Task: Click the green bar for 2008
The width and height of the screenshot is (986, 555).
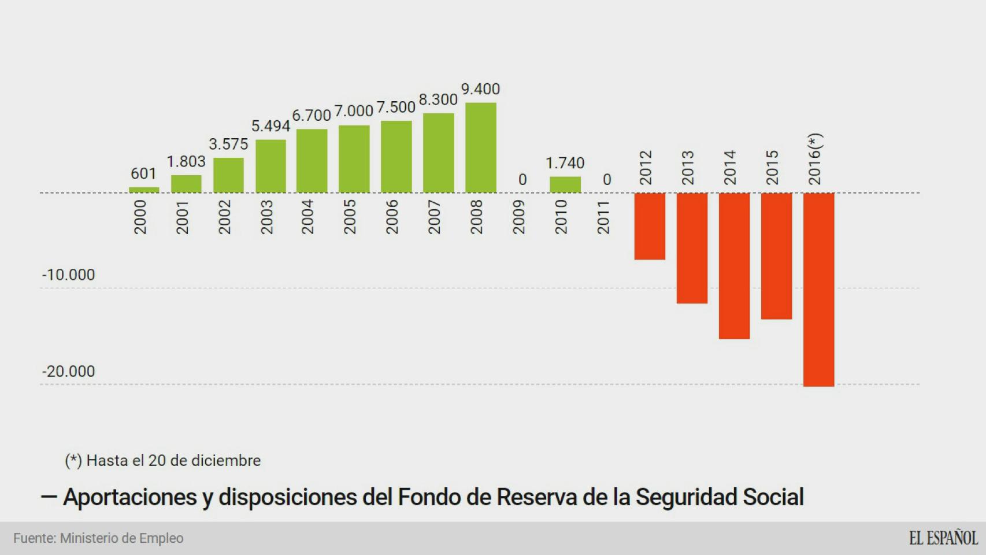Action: [480, 148]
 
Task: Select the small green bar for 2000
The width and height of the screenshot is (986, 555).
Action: [143, 190]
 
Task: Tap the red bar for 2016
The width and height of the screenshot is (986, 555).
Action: [818, 289]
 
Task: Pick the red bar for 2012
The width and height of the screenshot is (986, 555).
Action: [650, 226]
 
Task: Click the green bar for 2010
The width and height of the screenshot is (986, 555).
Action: [565, 184]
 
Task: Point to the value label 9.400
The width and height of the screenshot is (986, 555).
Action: [480, 89]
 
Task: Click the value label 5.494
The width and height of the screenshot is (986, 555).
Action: [270, 126]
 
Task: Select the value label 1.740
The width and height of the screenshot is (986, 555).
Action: [565, 163]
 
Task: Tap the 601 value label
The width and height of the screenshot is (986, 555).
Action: [143, 173]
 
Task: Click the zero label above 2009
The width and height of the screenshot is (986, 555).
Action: [522, 180]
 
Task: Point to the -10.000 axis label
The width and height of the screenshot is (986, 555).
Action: [68, 275]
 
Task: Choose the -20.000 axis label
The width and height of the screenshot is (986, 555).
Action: [68, 371]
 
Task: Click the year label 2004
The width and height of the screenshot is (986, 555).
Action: [307, 217]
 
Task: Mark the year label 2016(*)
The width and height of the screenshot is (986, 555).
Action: [815, 160]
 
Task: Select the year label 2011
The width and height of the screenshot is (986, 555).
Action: [603, 217]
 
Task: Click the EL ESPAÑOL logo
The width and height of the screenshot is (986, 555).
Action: [943, 538]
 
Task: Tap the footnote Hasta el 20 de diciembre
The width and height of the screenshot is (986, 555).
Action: [163, 461]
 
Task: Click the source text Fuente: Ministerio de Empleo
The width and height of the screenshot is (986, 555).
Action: [98, 538]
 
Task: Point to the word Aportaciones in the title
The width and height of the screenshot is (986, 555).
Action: [129, 497]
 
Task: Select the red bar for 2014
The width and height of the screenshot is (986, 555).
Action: [734, 265]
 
